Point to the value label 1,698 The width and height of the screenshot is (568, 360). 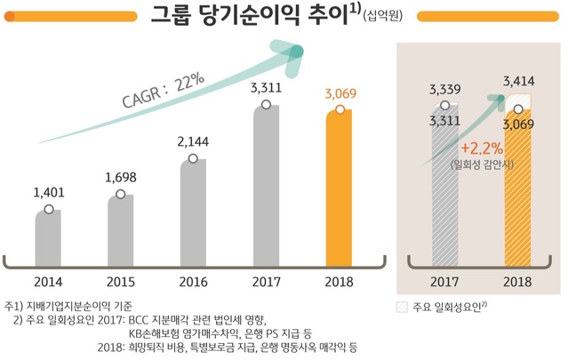121,178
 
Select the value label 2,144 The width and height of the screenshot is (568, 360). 193,141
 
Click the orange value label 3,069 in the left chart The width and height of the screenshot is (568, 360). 341,92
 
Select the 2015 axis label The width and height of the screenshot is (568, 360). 121,282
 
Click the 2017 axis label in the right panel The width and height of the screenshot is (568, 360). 444,282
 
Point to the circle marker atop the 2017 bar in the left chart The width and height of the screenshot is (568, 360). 265,105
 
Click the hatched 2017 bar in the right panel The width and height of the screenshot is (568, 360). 444,196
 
